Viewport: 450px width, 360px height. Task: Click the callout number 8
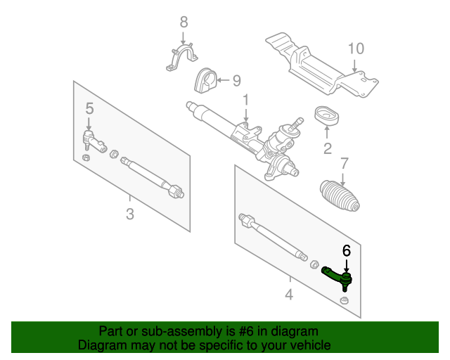click(184, 22)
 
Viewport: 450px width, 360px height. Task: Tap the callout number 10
click(356, 49)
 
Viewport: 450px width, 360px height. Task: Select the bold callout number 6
click(347, 250)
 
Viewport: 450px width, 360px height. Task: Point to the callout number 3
click(130, 214)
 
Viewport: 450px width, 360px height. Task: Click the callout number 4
click(289, 295)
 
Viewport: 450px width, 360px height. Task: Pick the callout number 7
click(344, 163)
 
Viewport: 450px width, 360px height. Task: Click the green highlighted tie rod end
click(337, 277)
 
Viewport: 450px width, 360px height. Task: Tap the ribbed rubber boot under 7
click(340, 195)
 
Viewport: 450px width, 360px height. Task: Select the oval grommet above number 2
click(326, 116)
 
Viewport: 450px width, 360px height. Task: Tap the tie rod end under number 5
click(94, 141)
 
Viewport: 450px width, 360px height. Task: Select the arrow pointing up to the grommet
click(327, 132)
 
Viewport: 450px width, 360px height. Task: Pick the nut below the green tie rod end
click(344, 300)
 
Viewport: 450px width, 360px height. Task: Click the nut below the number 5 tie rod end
click(86, 157)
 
